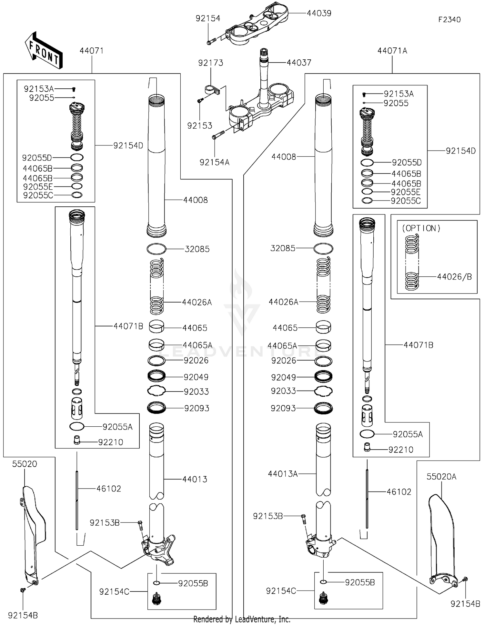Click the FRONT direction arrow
pos(44,51)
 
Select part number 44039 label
pos(319,13)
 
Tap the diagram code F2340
pos(449,20)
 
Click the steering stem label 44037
pos(299,63)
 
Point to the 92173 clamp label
pos(210,63)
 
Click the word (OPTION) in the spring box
pos(421,228)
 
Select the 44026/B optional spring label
pos(454,277)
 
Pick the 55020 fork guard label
pos(25,464)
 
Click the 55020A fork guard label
pos(441,477)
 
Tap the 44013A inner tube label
pos(283,474)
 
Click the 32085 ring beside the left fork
pos(156,249)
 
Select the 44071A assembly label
pos(392,51)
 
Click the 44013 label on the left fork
pos(195,479)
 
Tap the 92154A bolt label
pos(214,162)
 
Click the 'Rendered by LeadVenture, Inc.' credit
pos(242,619)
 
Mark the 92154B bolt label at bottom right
pos(465,604)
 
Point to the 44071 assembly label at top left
pos(92,51)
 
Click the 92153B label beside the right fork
pos(268,516)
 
